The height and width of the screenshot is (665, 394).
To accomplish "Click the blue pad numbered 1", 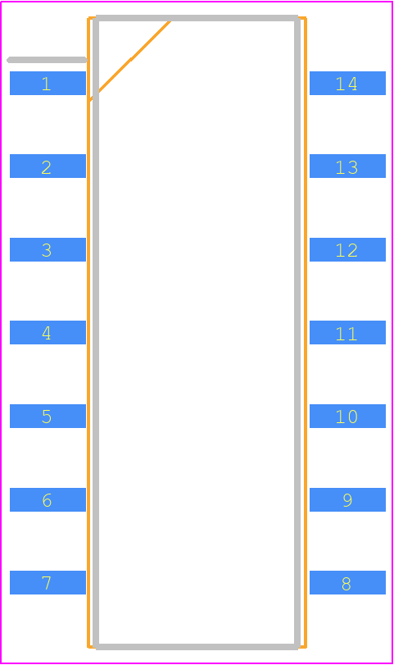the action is pos(48,83).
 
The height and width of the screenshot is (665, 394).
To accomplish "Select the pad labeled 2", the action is pos(48,166).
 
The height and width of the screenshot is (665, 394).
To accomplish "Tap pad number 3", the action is pos(48,249).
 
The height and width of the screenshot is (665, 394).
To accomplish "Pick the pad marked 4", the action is pos(48,333).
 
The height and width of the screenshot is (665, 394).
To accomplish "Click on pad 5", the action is pos(48,416).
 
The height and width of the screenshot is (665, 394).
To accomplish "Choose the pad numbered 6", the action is pos(48,499).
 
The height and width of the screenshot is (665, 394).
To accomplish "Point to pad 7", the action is pos(48,582).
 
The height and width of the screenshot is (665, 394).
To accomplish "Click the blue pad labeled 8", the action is pos(348,582).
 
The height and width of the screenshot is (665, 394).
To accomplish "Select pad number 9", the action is pos(348,499).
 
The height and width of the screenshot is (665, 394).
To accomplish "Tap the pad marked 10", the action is pos(348,416).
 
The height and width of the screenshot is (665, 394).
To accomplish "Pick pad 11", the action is pos(348,333).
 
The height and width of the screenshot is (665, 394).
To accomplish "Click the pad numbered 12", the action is pos(348,249).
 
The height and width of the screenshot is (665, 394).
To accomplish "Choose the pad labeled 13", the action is pos(348,166).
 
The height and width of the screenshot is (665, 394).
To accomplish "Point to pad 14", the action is pos(348,83).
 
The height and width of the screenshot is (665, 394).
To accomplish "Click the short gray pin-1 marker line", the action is pos(47,60).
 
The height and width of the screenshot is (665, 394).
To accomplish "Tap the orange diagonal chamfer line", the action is pos(130,60).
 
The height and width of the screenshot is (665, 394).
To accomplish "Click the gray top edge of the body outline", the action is pos(197,18).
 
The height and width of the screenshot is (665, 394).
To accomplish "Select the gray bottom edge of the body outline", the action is pos(197,647).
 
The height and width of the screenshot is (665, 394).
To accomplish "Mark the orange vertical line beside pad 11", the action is pos(306,333).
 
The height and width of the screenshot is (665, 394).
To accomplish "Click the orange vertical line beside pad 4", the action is pos(88,333).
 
